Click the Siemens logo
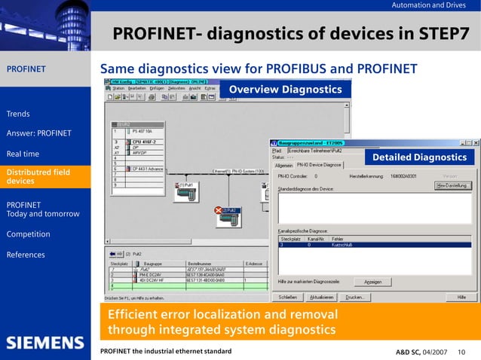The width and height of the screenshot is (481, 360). coord(46,343)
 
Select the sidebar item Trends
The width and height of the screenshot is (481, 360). coord(18,114)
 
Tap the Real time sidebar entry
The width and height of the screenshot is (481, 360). coord(23,154)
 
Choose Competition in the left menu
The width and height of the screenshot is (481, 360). coord(28,234)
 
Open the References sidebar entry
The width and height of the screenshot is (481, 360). coord(26,255)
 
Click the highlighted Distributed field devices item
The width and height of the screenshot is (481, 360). coord(38,177)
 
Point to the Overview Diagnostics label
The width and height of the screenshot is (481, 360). coord(285,90)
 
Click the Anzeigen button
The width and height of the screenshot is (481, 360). coord(373,282)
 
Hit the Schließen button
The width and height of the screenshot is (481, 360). coord(291,297)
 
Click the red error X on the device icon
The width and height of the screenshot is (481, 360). coord(219,210)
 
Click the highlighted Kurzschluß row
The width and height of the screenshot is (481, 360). coord(373,245)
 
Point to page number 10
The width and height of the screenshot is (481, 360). coord(461,352)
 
